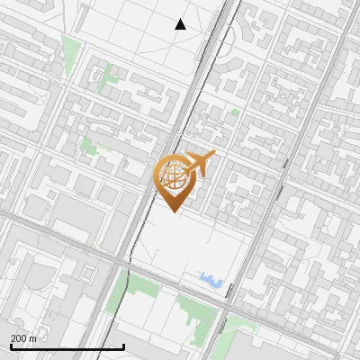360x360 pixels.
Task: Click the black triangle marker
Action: tap(181, 24)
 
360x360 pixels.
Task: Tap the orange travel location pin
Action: tap(175, 180)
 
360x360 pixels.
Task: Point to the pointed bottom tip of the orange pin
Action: tap(174, 211)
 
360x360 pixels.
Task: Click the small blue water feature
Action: tap(212, 280)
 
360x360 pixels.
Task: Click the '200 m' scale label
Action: tap(23, 337)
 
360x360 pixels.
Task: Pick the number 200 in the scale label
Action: tap(19, 337)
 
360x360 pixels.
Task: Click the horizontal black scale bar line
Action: tap(67, 346)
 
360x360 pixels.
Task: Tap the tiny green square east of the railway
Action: tap(235, 112)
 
